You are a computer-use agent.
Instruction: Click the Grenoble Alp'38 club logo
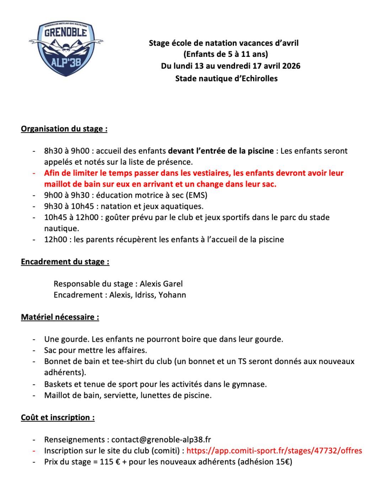click(66, 48)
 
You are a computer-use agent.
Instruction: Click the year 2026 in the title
click(291, 66)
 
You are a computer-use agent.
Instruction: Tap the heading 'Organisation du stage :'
click(64, 129)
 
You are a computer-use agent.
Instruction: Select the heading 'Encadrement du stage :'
click(65, 262)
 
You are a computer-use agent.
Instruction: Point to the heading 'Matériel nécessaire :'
click(60, 317)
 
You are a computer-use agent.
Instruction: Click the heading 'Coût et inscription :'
click(58, 417)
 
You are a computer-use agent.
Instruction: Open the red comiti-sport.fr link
click(274, 451)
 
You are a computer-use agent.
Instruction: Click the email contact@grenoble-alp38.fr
click(161, 440)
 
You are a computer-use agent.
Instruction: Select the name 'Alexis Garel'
click(161, 284)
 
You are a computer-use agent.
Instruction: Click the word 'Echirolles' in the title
click(260, 79)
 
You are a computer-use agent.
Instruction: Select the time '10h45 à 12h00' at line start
click(71, 218)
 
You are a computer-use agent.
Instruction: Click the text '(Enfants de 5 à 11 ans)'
click(226, 54)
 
